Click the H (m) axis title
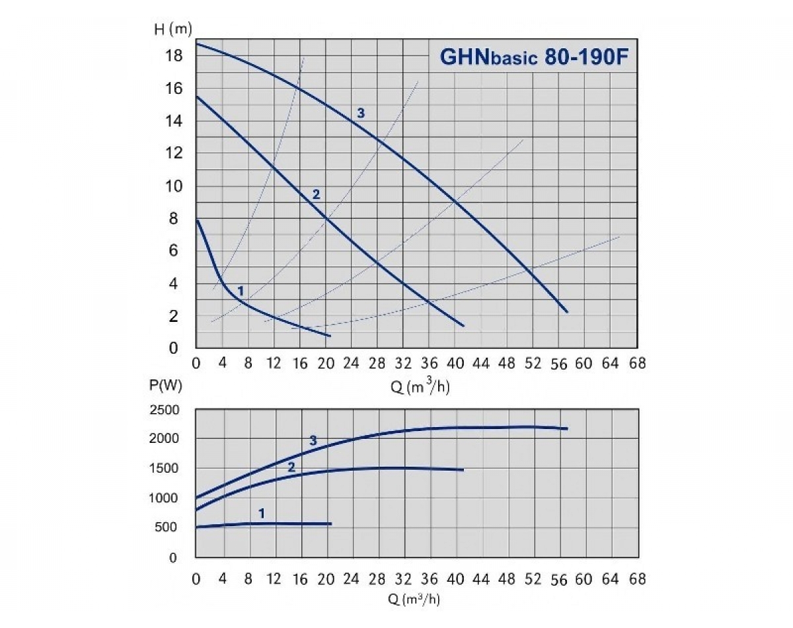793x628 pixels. (173, 30)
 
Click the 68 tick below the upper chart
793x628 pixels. (637, 363)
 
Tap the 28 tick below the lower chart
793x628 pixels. (377, 580)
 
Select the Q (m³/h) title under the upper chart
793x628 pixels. (420, 387)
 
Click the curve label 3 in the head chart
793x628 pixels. (361, 114)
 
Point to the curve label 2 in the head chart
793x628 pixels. (316, 194)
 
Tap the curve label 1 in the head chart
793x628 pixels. (241, 290)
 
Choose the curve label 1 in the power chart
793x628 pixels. (262, 512)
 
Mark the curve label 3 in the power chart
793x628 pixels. (313, 440)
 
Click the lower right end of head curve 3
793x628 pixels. (566, 311)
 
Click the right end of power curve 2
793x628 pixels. (463, 470)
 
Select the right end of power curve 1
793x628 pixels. (330, 524)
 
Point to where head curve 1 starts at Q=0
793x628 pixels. (197, 220)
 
